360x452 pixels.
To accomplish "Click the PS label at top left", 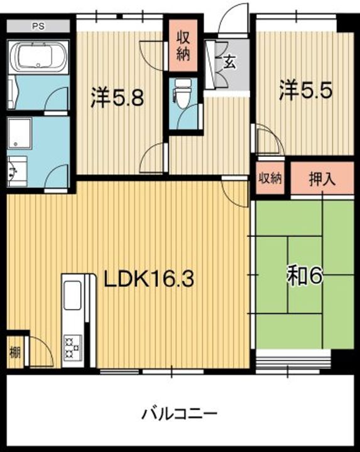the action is click(x=38, y=26).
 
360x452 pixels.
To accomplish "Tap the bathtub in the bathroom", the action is click(x=38, y=57).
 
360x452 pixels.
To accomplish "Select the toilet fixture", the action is click(x=183, y=93).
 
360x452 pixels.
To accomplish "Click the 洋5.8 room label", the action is click(x=117, y=97).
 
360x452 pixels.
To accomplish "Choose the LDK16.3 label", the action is click(x=148, y=279).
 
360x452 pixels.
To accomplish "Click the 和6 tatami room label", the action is click(x=304, y=276).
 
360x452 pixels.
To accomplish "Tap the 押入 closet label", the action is click(x=322, y=179).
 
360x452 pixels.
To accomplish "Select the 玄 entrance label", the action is click(x=229, y=62).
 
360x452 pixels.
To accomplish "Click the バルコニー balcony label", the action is click(x=179, y=414).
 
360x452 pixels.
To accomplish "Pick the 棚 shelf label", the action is click(x=15, y=352).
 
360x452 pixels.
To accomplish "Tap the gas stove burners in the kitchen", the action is click(x=72, y=348).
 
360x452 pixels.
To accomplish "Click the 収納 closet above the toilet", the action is click(x=183, y=45).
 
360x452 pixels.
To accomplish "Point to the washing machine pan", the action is click(x=19, y=133).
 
